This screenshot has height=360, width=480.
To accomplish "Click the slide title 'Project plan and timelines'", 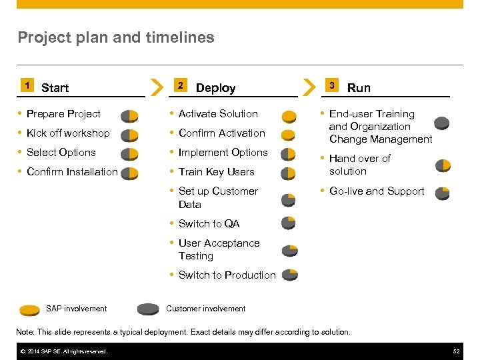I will pos(116,37).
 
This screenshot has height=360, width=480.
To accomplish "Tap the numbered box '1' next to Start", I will pos(26,85).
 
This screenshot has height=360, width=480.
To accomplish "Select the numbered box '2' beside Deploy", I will pos(179,85).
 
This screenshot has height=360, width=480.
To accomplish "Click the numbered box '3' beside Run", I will pos(332,85).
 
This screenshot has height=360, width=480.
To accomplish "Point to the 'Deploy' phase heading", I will pos(215,88).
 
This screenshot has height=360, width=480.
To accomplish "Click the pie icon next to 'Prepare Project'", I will pos(129,116).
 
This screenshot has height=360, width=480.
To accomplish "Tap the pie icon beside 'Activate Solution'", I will pos(289,117).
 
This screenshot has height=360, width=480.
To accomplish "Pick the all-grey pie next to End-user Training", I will pos(441,123).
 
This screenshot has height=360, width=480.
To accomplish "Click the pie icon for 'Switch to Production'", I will pos(289,275).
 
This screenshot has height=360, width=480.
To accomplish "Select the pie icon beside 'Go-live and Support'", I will pos(442,193).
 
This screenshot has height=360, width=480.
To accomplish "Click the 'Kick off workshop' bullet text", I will pos(68,133).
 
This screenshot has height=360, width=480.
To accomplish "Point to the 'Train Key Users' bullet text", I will pos(216,172).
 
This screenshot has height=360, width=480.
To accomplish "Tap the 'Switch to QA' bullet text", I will pos(209,224).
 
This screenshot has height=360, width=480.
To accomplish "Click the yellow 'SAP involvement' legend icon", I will pos(30,309).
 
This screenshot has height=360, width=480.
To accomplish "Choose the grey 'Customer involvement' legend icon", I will pos(148,309).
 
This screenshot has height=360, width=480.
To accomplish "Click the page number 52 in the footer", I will pos(456,351).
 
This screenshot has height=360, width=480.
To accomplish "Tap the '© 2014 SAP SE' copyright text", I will pos(63,351).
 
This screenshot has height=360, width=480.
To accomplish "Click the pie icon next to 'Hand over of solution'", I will pos(443,165).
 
